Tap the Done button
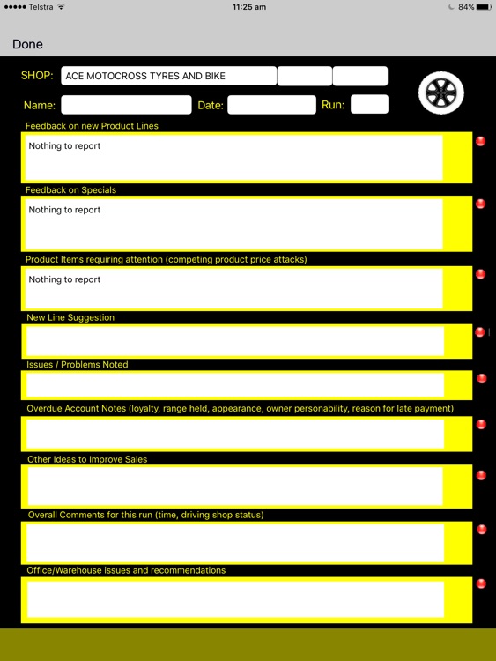tap(27, 44)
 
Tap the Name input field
tap(126, 105)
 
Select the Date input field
tap(271, 105)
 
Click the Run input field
tap(369, 105)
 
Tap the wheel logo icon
tap(440, 93)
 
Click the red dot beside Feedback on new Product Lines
tap(481, 141)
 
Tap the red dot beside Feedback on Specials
tap(481, 204)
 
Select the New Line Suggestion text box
tap(235, 341)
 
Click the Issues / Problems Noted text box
tap(235, 385)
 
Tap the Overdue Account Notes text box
tap(235, 434)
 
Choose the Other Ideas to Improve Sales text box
tap(235, 486)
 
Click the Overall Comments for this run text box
tap(235, 542)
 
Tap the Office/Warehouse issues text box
tap(235, 598)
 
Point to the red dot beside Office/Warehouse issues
tap(481, 583)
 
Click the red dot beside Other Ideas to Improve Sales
tap(481, 476)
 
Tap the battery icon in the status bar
tap(484, 7)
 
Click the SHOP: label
tap(37, 76)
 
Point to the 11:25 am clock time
tap(249, 7)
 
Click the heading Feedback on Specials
tap(70, 190)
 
